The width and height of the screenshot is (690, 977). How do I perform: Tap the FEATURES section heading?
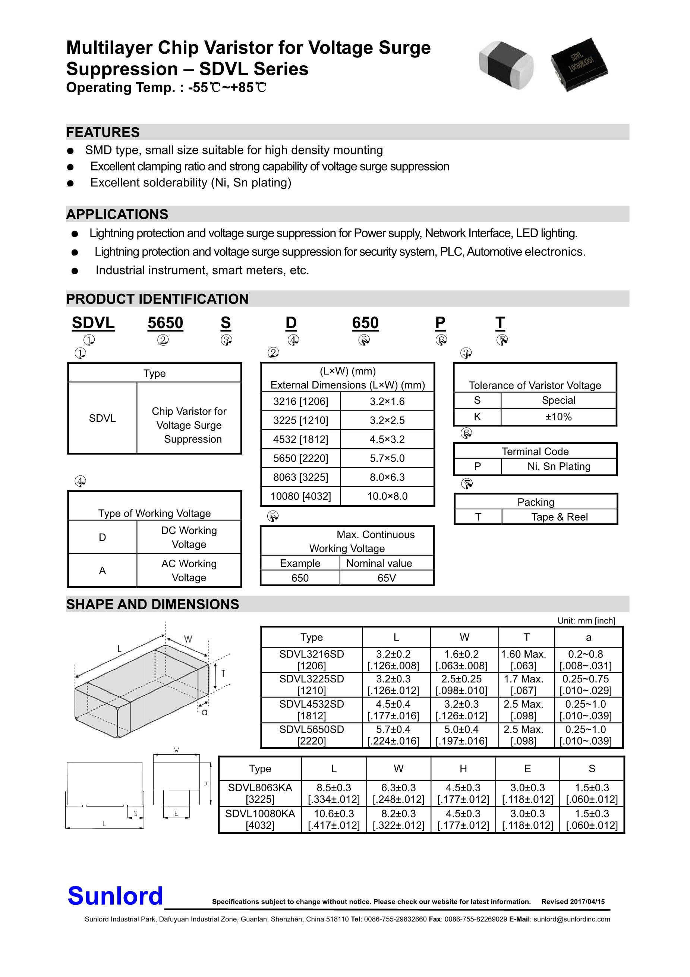103,132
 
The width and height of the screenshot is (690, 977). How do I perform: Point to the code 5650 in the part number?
165,323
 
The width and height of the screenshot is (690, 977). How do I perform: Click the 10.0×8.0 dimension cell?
387,496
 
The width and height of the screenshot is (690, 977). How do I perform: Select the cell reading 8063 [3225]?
300,477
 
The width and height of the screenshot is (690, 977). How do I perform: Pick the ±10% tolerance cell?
558,417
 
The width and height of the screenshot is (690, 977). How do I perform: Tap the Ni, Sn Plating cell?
558,466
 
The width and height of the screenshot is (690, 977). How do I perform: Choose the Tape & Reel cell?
559,517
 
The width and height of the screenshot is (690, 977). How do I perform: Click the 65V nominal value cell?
386,578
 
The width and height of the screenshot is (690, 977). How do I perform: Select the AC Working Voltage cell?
189,571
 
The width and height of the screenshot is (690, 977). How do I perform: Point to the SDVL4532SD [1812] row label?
311,710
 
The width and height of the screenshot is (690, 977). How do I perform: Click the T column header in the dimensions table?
526,637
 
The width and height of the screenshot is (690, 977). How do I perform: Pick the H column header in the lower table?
463,769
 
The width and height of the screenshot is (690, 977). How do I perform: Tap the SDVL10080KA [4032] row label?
259,820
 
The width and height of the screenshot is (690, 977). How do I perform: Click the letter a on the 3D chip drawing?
205,712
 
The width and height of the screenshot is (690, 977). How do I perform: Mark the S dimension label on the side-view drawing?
136,813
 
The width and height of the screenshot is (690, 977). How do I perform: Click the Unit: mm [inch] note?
586,621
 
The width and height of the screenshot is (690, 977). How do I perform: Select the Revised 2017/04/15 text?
573,902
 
